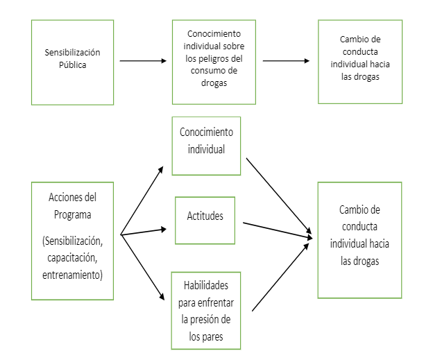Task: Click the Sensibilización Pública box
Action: click(x=72, y=62)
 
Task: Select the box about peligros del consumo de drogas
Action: click(x=214, y=62)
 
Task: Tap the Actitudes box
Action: click(x=205, y=220)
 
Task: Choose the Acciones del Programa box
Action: click(x=72, y=241)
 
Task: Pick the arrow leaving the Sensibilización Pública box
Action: click(x=143, y=61)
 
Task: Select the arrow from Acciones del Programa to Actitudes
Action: click(x=144, y=231)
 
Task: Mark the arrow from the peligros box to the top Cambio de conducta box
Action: click(x=286, y=61)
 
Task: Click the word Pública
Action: click(x=73, y=65)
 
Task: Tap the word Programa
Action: click(x=73, y=214)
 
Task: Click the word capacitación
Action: click(x=73, y=258)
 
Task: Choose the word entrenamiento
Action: click(x=73, y=275)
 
